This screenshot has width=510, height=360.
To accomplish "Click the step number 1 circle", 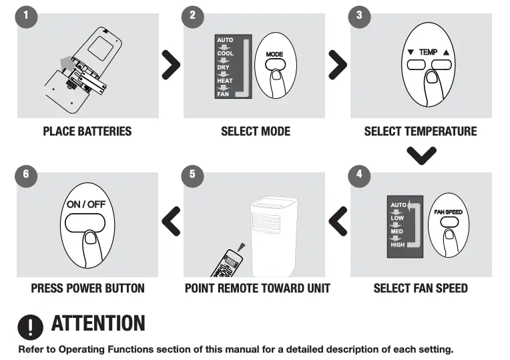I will pyautogui.click(x=25, y=16).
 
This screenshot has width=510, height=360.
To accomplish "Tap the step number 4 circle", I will pyautogui.click(x=359, y=174).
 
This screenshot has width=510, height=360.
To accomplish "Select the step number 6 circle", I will pyautogui.click(x=25, y=174).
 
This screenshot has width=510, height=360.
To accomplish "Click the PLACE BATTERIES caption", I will pyautogui.click(x=87, y=131).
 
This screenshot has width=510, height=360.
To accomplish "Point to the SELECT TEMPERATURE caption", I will pyautogui.click(x=421, y=131).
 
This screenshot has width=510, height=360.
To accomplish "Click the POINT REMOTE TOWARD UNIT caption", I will pyautogui.click(x=257, y=289).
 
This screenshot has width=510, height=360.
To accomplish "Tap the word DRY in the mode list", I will pyautogui.click(x=224, y=67).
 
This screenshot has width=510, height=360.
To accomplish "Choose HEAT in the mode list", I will pyautogui.click(x=225, y=81).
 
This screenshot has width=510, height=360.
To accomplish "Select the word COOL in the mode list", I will pyautogui.click(x=226, y=53).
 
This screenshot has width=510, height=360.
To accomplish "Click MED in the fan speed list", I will pyautogui.click(x=397, y=232).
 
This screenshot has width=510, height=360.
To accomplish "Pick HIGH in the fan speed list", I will pyautogui.click(x=398, y=245).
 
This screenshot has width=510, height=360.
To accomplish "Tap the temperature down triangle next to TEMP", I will pyautogui.click(x=411, y=52).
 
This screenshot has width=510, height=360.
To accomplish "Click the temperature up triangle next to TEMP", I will pyautogui.click(x=446, y=52).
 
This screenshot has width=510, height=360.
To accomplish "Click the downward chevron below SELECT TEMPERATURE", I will pyautogui.click(x=421, y=155).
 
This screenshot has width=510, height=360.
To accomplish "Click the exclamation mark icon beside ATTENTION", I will pyautogui.click(x=30, y=325).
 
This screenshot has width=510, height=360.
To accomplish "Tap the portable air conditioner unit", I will pyautogui.click(x=272, y=230).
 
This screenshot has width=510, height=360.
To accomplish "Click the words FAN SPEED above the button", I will pyautogui.click(x=448, y=212).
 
